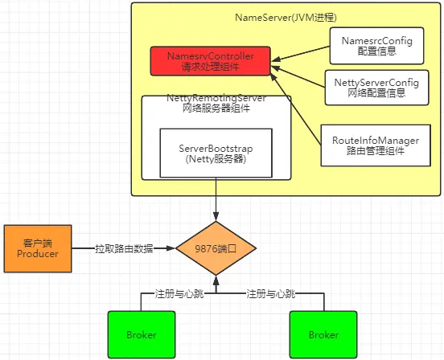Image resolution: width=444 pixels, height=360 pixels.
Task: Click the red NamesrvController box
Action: tap(210, 61)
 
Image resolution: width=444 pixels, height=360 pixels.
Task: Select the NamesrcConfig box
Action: tap(377, 46)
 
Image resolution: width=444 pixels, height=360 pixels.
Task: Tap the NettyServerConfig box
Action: tap(377, 88)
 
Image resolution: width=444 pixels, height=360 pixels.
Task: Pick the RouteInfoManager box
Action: tap(376, 145)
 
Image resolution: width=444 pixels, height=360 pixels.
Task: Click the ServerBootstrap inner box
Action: tap(216, 153)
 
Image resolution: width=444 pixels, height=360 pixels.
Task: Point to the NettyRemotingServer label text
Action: tap(216, 98)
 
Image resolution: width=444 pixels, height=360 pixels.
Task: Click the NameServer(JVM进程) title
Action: tap(286, 18)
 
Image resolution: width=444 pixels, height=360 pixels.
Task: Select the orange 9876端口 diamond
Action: tap(216, 248)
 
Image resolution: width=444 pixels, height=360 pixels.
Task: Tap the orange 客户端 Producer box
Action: tap(38, 248)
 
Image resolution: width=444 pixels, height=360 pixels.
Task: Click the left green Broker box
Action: tap(142, 334)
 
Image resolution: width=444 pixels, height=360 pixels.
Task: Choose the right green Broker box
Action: tap(323, 334)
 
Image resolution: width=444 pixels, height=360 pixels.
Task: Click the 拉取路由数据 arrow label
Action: tap(124, 248)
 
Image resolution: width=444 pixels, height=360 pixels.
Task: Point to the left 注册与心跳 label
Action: tap(179, 293)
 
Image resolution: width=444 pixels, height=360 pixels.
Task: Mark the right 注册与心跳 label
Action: tap(271, 293)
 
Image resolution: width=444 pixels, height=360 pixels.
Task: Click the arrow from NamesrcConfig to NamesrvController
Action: tap(301, 54)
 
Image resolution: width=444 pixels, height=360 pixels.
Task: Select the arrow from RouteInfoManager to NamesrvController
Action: tap(296, 109)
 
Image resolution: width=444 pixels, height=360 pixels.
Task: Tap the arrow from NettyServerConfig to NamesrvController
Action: tap(298, 76)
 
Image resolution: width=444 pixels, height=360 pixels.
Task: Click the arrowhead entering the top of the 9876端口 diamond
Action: tap(216, 217)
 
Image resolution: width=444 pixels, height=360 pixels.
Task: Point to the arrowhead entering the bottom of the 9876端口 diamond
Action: tap(216, 280)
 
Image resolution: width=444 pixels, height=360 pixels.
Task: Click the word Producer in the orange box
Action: tap(38, 254)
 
